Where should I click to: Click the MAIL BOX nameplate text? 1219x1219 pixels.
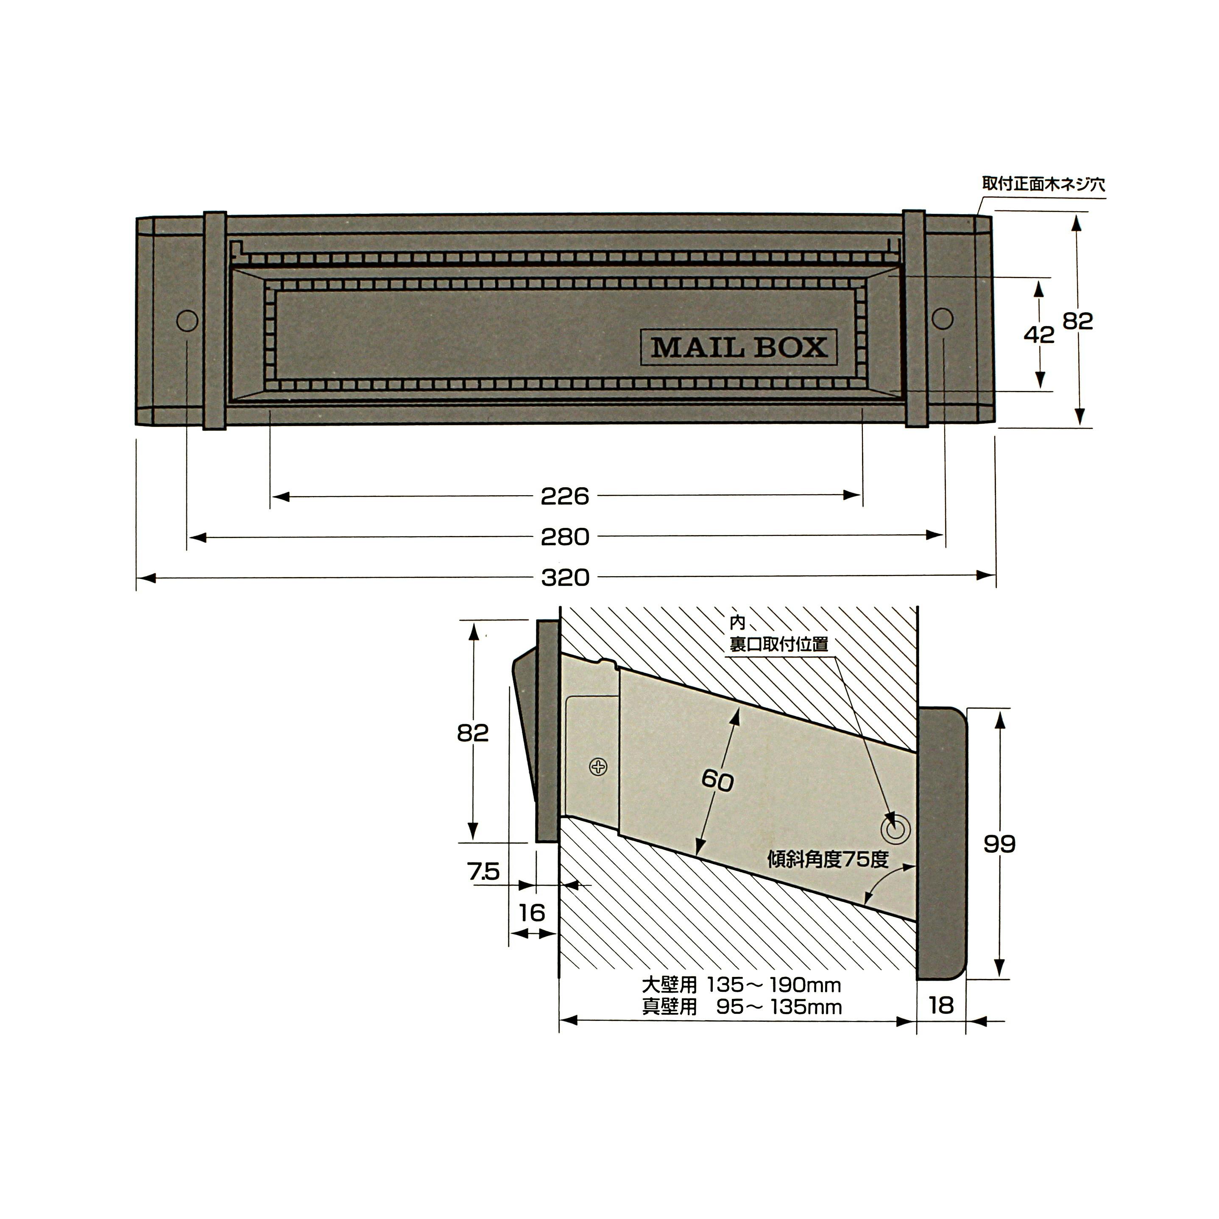coord(739,348)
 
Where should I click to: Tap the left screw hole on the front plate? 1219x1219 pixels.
coord(187,321)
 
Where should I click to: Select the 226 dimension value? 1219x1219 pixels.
coord(565,497)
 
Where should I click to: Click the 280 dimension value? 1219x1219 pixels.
coord(565,537)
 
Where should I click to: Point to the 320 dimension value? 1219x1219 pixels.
coord(565,577)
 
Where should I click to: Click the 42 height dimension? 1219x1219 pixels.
coord(1038,335)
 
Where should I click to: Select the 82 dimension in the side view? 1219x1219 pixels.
coord(473,733)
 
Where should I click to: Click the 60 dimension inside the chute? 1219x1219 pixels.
coord(717,781)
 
